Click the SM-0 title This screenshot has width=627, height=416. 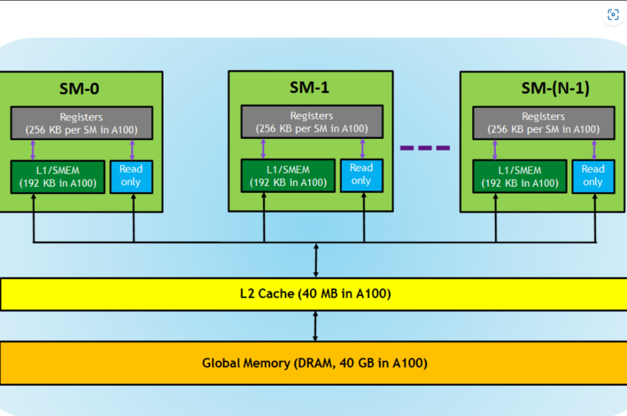pos(79,89)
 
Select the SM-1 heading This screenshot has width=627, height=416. pos(309,87)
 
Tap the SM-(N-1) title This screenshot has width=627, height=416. pos(555,88)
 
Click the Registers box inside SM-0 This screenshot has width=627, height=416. pos(81,123)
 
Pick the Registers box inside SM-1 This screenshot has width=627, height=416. pos(312,122)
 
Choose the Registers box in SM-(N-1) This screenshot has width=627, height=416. pos(543,122)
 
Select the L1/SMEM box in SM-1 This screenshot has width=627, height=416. pos(288,176)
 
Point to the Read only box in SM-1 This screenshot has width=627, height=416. pos(361,175)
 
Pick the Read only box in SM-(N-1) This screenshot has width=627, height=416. pos(593,176)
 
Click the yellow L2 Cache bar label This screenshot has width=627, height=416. pos(316,294)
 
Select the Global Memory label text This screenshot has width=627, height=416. pos(315,363)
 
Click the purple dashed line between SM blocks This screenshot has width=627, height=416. pos(425,148)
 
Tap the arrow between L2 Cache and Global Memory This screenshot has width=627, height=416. pos(315,326)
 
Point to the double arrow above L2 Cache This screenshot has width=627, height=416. pos(315,261)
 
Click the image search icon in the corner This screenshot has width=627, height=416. pos(613,15)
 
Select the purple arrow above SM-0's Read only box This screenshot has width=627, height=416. pos(132,150)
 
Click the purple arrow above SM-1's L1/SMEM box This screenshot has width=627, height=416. pos(264,149)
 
